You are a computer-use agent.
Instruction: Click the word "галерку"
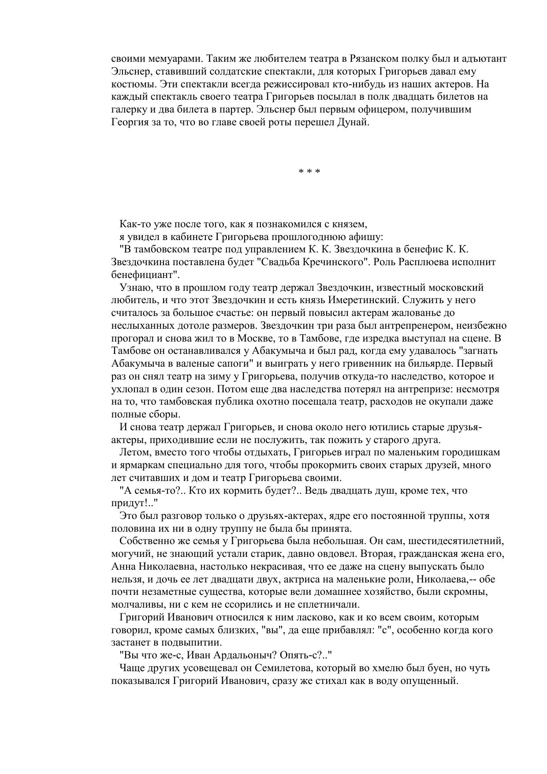coord(128,109)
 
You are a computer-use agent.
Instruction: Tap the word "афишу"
coord(368,237)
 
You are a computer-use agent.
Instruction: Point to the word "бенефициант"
coord(143,275)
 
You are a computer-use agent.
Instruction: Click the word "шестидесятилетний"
coord(454,541)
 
